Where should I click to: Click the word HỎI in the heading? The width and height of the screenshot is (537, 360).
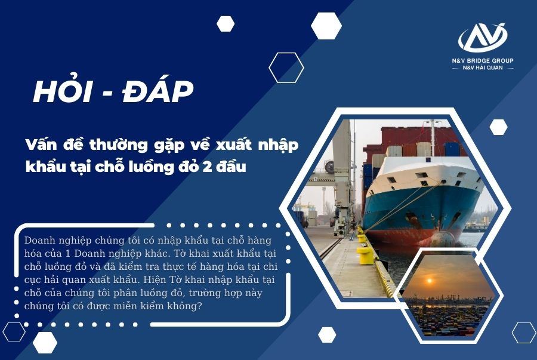(63, 91)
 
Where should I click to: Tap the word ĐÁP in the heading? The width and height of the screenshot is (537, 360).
(158, 91)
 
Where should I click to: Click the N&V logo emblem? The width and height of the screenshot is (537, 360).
(483, 38)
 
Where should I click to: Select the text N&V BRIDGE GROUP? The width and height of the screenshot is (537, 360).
(483, 61)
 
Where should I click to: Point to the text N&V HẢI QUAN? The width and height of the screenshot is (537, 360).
(483, 68)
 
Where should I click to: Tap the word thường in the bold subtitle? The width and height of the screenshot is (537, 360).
(119, 146)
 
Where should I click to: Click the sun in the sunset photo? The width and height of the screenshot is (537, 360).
(429, 281)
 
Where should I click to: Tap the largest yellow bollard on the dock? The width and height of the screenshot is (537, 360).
(365, 255)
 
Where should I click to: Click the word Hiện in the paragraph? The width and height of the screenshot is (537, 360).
(155, 279)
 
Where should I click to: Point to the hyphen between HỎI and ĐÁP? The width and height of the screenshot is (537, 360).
(108, 93)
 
